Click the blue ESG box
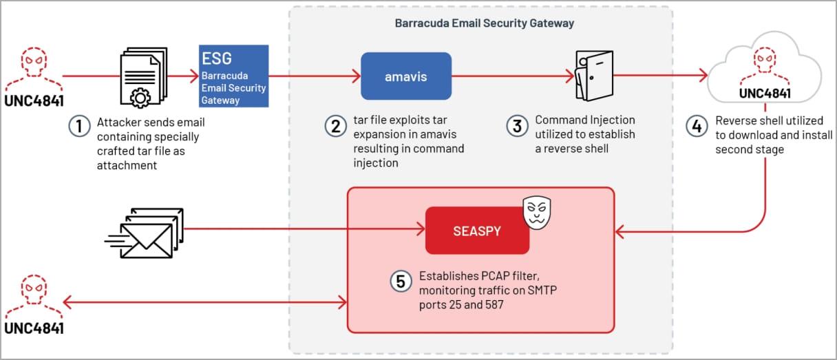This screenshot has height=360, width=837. (x=233, y=76)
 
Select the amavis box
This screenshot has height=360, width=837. (x=405, y=76)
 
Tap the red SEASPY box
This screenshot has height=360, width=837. (x=477, y=231)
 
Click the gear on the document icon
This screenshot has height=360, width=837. (x=140, y=97)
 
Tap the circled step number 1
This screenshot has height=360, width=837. (x=80, y=127)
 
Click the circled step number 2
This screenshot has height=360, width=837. (x=335, y=126)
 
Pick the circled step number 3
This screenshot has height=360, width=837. (x=517, y=126)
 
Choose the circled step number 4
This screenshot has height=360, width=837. (x=697, y=126)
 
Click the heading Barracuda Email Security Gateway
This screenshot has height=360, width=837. (x=485, y=23)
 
